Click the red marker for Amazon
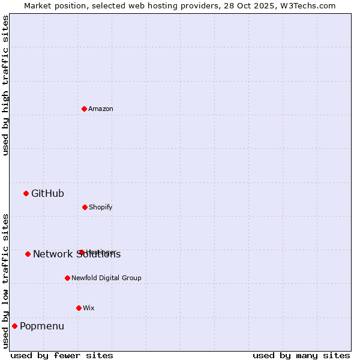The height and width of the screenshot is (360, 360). pyautogui.click(x=84, y=109)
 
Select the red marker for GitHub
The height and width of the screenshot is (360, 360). pyautogui.click(x=26, y=193)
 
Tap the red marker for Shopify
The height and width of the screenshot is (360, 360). pyautogui.click(x=85, y=207)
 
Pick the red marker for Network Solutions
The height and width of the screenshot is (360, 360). pyautogui.click(x=28, y=254)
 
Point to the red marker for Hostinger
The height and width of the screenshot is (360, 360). pyautogui.click(x=81, y=252)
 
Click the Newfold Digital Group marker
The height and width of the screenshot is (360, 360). pyautogui.click(x=67, y=278)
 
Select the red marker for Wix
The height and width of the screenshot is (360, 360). pyautogui.click(x=79, y=308)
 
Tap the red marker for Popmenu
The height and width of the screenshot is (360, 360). pyautogui.click(x=14, y=326)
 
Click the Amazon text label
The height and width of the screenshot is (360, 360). pyautogui.click(x=101, y=109)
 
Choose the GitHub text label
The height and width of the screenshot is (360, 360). pyautogui.click(x=47, y=193)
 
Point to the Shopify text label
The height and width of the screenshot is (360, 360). pyautogui.click(x=100, y=207)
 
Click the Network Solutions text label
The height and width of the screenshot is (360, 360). pyautogui.click(x=77, y=254)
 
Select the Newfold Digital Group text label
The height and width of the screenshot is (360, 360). pyautogui.click(x=106, y=278)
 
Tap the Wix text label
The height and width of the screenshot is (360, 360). pyautogui.click(x=89, y=308)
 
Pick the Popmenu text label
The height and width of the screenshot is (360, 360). pyautogui.click(x=42, y=326)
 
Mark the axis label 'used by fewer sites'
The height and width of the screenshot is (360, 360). pyautogui.click(x=61, y=355)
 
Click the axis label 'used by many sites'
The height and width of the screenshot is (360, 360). pyautogui.click(x=301, y=355)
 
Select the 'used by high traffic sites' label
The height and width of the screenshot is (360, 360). pyautogui.click(x=5, y=85)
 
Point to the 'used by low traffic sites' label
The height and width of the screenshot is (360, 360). pyautogui.click(x=5, y=280)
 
